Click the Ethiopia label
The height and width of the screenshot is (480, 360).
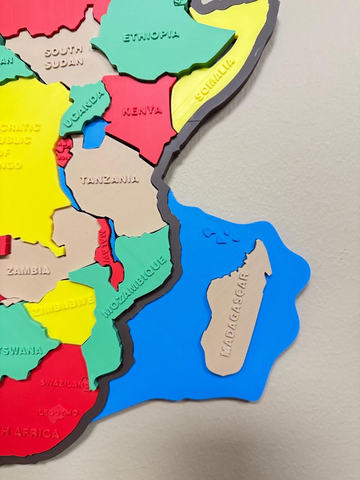coord(151,36)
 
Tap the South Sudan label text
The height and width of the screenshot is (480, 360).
coord(63,56)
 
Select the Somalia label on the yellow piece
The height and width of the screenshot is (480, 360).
coord(215,79)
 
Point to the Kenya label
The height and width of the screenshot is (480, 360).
coord(141,110)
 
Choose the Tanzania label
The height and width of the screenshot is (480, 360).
coord(109,179)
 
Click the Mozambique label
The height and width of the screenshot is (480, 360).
coord(136,286)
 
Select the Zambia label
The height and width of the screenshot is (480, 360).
coord(28,271)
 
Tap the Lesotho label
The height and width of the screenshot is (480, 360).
coord(58,412)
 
